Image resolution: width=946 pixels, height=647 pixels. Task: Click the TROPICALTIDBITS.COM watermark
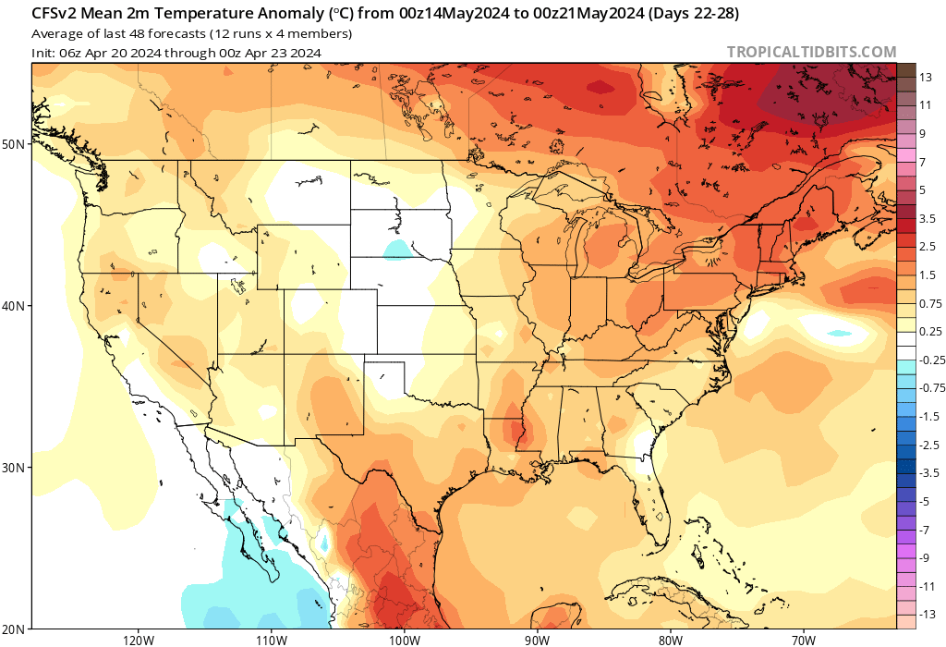pyautogui.click(x=811, y=53)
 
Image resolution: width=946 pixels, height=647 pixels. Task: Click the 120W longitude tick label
pyautogui.click(x=137, y=640)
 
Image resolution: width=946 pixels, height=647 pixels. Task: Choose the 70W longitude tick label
pyautogui.click(x=803, y=640)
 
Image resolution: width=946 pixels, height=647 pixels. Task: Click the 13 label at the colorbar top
pyautogui.click(x=925, y=78)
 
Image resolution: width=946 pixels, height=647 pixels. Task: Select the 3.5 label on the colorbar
pyautogui.click(x=928, y=219)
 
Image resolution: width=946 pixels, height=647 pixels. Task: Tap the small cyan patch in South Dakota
pyautogui.click(x=396, y=248)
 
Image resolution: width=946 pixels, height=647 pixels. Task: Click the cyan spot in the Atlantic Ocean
pyautogui.click(x=839, y=333)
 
